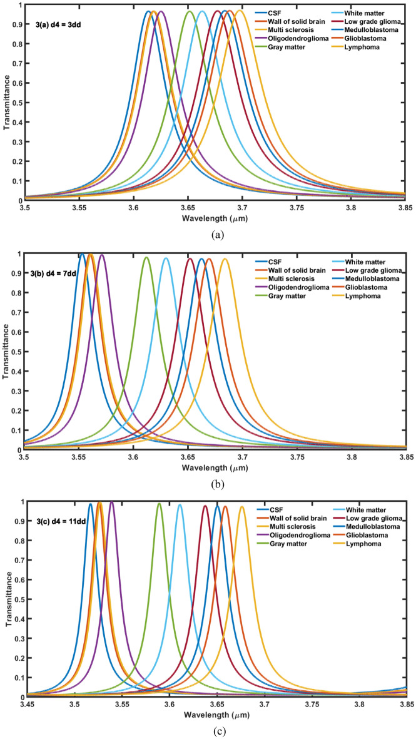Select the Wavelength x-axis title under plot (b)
215,466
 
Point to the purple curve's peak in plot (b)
102,255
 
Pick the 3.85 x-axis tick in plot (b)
406,457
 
